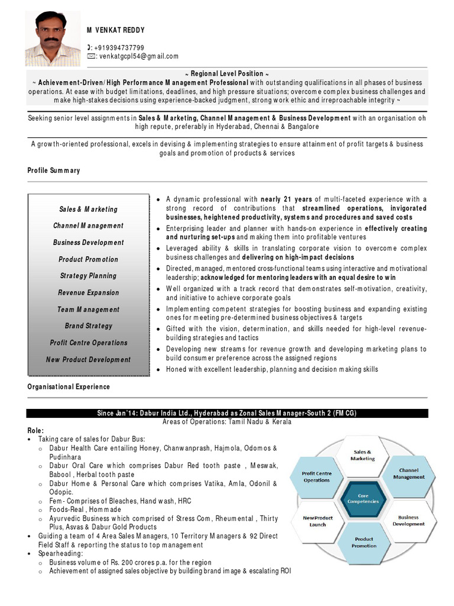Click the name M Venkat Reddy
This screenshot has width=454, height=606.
pyautogui.click(x=116, y=30)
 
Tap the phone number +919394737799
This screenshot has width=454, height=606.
pyautogui.click(x=119, y=48)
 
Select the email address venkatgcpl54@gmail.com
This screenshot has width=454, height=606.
pyautogui.click(x=136, y=56)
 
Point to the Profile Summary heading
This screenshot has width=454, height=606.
pyautogui.click(x=54, y=170)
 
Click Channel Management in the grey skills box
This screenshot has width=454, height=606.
pyautogui.click(x=88, y=225)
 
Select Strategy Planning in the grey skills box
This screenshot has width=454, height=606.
pyautogui.click(x=88, y=276)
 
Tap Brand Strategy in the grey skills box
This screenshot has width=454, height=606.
pyautogui.click(x=88, y=326)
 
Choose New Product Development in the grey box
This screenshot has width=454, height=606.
pyautogui.click(x=88, y=359)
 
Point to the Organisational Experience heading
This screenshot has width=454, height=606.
pyautogui.click(x=69, y=386)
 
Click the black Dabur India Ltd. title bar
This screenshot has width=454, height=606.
pyautogui.click(x=227, y=413)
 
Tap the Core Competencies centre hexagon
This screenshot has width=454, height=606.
pyautogui.click(x=363, y=499)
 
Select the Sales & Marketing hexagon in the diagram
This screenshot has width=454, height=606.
pyautogui.click(x=363, y=455)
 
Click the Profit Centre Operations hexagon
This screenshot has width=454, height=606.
pyautogui.click(x=317, y=476)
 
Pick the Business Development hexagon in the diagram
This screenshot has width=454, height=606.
pyautogui.click(x=408, y=520)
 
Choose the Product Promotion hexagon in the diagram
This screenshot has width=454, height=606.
pyautogui.click(x=364, y=542)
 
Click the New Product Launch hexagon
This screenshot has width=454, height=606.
pyautogui.click(x=317, y=521)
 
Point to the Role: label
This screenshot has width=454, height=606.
pyautogui.click(x=35, y=430)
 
